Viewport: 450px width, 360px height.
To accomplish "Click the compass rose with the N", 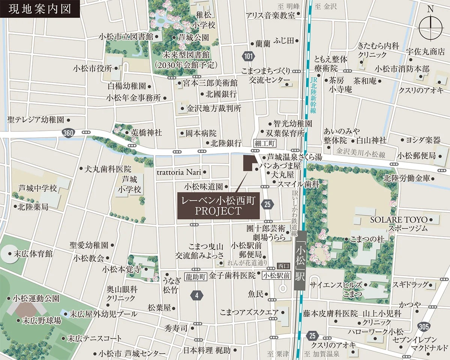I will tap(430, 27).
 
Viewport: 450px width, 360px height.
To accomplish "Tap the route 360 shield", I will tap(69, 133).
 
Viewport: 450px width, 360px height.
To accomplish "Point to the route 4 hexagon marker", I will tap(196, 295).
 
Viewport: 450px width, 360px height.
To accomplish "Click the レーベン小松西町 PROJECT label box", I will tap(218, 206).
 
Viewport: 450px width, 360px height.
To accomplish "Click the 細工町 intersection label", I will tap(265, 143).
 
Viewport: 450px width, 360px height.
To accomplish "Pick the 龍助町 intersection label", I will tap(196, 277).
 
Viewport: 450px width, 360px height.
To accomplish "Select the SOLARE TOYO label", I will tap(399, 219).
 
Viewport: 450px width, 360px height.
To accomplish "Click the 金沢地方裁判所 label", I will tap(214, 108).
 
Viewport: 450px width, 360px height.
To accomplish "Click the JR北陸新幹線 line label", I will tap(313, 95).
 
